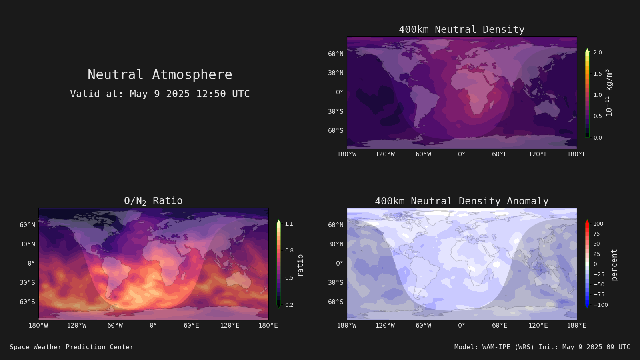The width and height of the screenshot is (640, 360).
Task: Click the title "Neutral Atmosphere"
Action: (160, 75)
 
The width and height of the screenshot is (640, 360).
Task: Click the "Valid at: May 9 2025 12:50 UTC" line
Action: (160, 94)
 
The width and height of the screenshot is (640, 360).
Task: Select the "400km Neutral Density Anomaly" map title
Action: (462, 201)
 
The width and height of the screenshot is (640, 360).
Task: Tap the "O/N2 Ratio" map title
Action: (154, 201)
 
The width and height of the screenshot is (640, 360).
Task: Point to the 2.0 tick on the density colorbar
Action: (598, 52)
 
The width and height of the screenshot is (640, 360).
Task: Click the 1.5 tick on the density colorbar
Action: (598, 74)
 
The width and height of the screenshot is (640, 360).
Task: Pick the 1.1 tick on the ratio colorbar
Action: (289, 224)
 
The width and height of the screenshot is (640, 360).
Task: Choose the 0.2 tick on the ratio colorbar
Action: (289, 305)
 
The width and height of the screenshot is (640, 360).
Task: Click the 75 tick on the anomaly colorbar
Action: (596, 234)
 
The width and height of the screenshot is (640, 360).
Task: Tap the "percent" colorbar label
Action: (614, 265)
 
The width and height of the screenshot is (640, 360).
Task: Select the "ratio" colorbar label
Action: (300, 266)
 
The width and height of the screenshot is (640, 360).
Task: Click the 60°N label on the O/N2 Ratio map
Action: (28, 225)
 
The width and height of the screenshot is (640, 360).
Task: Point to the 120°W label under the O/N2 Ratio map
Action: (76, 326)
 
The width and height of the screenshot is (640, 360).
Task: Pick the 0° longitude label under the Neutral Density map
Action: (462, 154)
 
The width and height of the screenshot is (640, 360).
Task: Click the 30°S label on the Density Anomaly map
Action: (336, 282)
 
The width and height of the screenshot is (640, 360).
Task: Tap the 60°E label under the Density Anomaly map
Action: (500, 326)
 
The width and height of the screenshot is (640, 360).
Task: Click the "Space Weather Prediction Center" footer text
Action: (72, 347)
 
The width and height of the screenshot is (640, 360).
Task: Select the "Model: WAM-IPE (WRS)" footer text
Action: (494, 347)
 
